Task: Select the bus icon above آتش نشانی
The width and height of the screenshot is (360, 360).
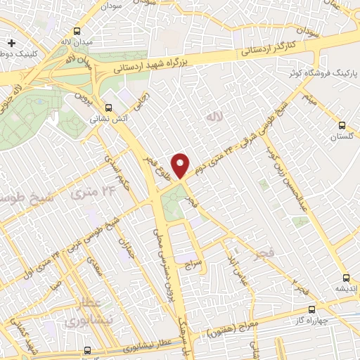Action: click(x=108, y=108)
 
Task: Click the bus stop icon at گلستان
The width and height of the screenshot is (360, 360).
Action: click(x=342, y=106)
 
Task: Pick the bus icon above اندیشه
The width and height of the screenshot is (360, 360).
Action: click(x=345, y=276)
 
